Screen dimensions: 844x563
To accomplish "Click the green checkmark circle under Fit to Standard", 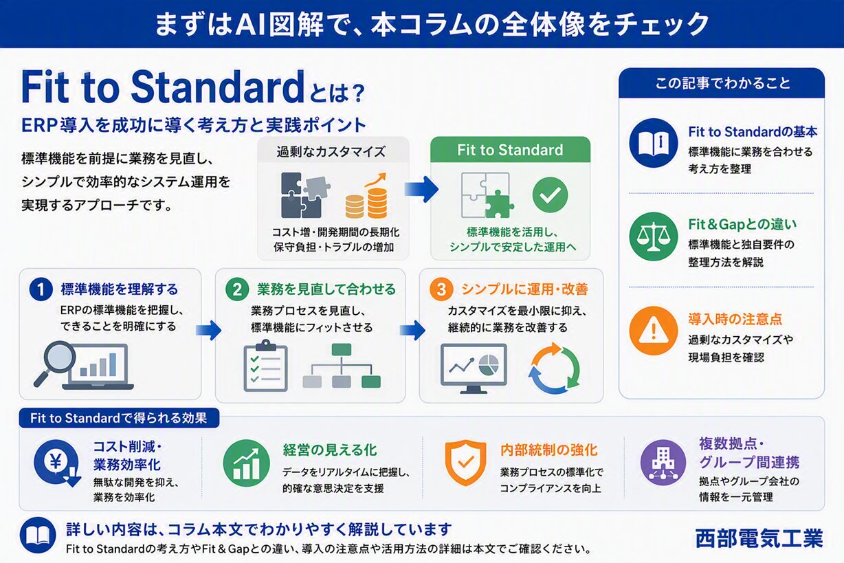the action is point(550,195).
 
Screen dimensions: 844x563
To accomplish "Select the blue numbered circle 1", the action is point(41,289).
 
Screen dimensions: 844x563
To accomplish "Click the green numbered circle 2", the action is point(237,289).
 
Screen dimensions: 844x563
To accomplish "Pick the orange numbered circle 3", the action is point(441,289).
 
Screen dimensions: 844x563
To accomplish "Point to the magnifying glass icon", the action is point(56,362).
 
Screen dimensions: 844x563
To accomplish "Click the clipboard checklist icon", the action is point(265,366).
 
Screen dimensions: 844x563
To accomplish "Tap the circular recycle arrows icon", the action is point(554,368).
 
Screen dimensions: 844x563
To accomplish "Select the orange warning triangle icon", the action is point(654,331).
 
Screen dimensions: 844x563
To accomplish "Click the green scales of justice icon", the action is point(654,236).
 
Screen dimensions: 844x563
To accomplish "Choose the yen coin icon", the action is point(57,463).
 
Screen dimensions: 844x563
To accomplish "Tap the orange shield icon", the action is point(465,462).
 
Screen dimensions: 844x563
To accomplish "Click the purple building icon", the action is point(663,463).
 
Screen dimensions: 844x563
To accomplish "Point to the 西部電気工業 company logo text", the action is point(759,538).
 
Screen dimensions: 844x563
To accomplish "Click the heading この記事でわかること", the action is point(722,83).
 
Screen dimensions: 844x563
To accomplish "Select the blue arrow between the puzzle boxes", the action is point(421,189).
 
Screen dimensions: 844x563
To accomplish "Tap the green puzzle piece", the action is point(499,204).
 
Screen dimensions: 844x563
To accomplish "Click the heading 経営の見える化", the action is point(330,450).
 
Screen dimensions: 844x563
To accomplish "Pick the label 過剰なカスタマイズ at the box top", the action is point(331,151).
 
